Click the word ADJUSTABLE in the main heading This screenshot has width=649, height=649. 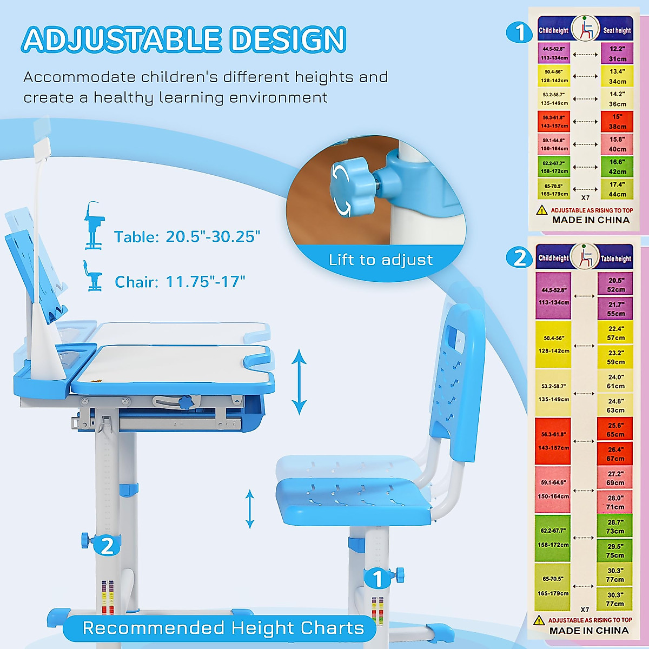(122, 39)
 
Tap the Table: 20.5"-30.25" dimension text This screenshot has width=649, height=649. (187, 237)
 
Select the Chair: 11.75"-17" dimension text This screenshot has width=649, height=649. (180, 282)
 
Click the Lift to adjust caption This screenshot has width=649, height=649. (381, 260)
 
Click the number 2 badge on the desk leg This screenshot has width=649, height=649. (107, 546)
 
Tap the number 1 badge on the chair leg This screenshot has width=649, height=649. (378, 579)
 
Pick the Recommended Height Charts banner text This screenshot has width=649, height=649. (223, 628)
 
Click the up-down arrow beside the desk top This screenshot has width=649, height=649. (299, 381)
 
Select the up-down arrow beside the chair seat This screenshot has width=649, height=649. (250, 508)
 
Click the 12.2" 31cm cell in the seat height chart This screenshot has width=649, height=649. (617, 54)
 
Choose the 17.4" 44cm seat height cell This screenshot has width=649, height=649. (617, 189)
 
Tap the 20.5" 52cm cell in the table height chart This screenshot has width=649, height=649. (615, 284)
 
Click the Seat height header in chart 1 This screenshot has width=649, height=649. (617, 31)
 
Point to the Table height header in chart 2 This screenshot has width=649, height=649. (615, 259)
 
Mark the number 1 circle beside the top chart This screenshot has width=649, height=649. (519, 32)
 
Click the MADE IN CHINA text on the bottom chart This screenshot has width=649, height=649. (589, 631)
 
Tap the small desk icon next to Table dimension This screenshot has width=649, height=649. (94, 226)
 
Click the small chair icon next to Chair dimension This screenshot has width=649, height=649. (92, 276)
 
